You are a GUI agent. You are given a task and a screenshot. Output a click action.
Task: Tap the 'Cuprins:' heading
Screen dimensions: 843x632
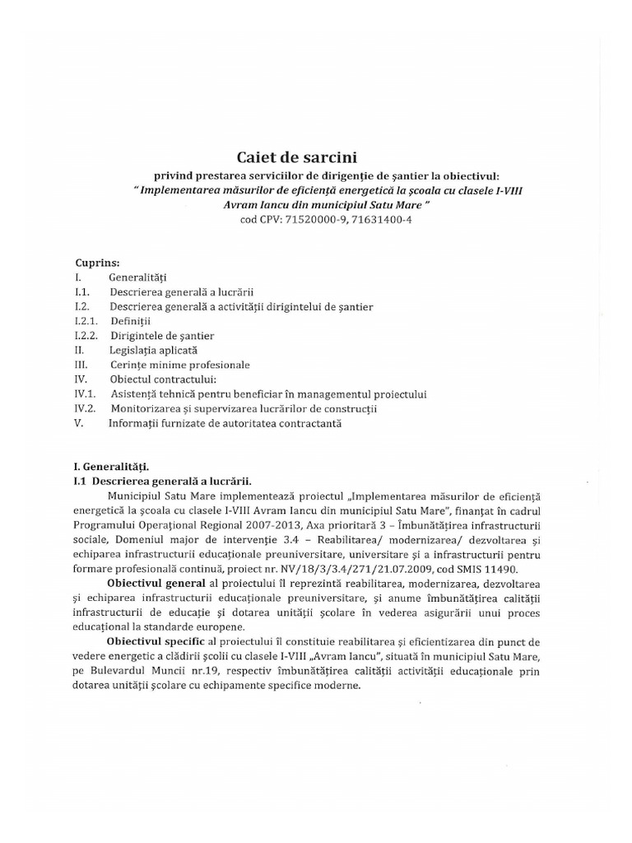[x=98, y=264]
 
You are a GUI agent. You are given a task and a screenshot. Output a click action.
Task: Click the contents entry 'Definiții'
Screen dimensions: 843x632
[x=131, y=321]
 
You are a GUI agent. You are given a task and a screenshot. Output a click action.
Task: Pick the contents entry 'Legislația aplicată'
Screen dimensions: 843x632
[x=153, y=350]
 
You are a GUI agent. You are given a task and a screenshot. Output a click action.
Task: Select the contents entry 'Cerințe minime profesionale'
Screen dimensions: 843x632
[x=179, y=365]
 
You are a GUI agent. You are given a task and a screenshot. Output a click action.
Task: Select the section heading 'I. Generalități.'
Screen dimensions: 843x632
[x=112, y=467]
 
